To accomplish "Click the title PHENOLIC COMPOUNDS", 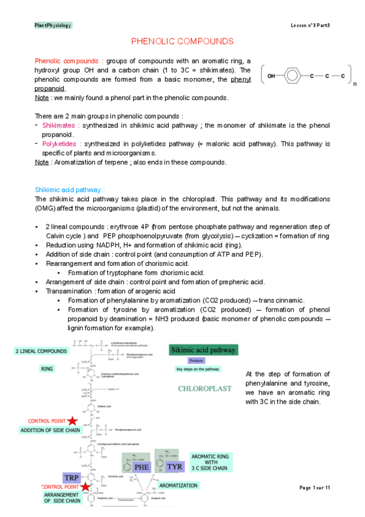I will [182, 41].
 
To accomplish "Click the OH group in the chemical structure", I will [271, 76].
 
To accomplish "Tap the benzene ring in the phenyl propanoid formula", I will [292, 76].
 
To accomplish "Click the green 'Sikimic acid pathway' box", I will [204, 350].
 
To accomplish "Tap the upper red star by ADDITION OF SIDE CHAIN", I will [73, 421].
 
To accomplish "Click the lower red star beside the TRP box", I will [87, 487].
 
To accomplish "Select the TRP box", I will [73, 477].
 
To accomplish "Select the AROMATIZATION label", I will [178, 485].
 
